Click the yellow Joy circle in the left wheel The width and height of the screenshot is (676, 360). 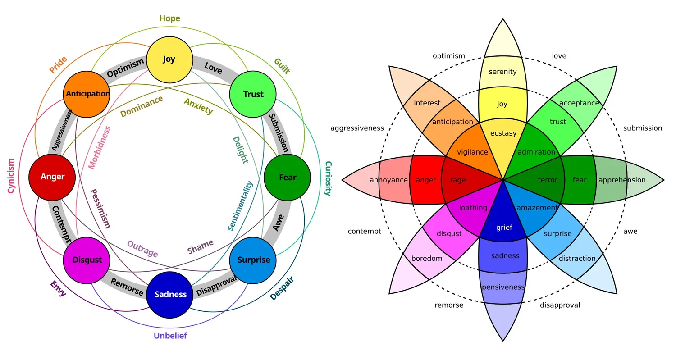click(169, 60)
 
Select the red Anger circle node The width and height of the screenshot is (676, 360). click(52, 177)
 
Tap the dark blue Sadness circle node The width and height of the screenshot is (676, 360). click(169, 295)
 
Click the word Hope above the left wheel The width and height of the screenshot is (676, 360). click(169, 18)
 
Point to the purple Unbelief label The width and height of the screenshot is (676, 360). click(170, 336)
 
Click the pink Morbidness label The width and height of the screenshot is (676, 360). click(99, 147)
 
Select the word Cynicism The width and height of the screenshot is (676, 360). click(11, 176)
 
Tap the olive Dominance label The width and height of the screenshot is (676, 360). click(142, 106)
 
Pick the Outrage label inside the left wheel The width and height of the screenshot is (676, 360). click(142, 249)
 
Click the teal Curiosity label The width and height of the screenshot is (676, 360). click(329, 178)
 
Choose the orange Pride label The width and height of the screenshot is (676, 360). click(58, 65)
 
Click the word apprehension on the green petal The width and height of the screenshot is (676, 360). click(622, 180)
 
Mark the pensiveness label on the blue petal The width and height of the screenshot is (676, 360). click(503, 287)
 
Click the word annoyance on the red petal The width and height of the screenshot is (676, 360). click(388, 180)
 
